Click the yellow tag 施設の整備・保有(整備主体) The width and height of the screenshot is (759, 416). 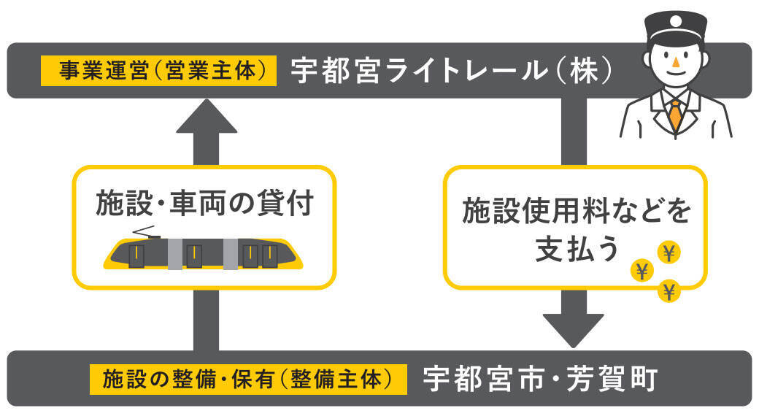(247, 380)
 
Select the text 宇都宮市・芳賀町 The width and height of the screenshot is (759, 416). (541, 379)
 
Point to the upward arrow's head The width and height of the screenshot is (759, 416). (207, 118)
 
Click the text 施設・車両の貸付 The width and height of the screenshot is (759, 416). (204, 204)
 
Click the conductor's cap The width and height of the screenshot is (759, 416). (674, 28)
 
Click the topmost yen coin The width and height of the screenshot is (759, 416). (669, 253)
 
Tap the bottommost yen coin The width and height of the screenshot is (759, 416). (669, 291)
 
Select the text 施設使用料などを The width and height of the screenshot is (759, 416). (576, 212)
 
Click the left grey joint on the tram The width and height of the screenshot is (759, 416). (175, 253)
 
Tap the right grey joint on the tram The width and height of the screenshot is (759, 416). (231, 253)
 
